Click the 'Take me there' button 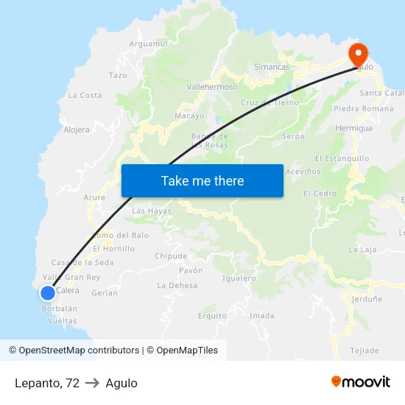[x=202, y=180]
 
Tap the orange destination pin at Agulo [x=358, y=54]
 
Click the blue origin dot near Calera [x=47, y=293]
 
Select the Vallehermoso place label [x=212, y=86]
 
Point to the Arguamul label [x=149, y=44]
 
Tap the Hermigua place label [x=355, y=128]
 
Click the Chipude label [x=171, y=256]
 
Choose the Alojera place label [x=77, y=130]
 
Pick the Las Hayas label [x=152, y=211]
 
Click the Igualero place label [x=239, y=278]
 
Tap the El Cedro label [x=320, y=194]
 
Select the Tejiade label [x=364, y=350]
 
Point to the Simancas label [x=272, y=67]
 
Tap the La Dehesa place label [x=177, y=285]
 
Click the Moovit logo [x=360, y=382]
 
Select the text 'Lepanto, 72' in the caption [x=46, y=383]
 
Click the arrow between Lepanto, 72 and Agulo [x=92, y=383]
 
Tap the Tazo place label [x=118, y=75]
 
